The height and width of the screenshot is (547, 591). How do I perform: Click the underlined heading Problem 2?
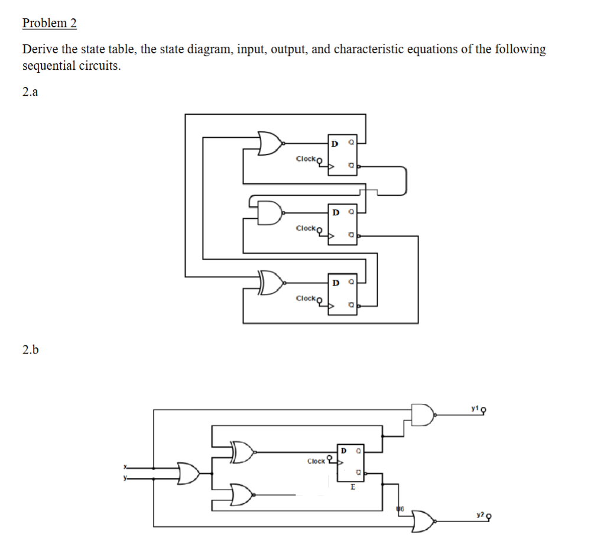[x=49, y=23]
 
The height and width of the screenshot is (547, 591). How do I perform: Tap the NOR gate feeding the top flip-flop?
[x=271, y=143]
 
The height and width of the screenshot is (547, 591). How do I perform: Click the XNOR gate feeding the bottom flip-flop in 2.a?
[x=271, y=283]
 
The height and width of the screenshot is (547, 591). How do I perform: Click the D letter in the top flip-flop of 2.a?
[x=335, y=143]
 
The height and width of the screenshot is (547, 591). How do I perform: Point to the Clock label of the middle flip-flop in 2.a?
[x=306, y=228]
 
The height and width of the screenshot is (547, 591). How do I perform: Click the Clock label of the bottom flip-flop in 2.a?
[x=306, y=298]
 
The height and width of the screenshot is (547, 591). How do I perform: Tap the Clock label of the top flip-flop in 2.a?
[x=306, y=158]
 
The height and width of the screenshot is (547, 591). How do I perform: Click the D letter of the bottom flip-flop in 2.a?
[x=335, y=282]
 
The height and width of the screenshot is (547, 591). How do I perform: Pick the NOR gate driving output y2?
[x=424, y=521]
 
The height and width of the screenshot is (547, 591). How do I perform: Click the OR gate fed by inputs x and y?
[x=189, y=472]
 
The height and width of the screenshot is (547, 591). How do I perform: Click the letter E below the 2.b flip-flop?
[x=352, y=488]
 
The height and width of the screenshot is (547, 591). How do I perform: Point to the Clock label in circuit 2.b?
[x=316, y=461]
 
